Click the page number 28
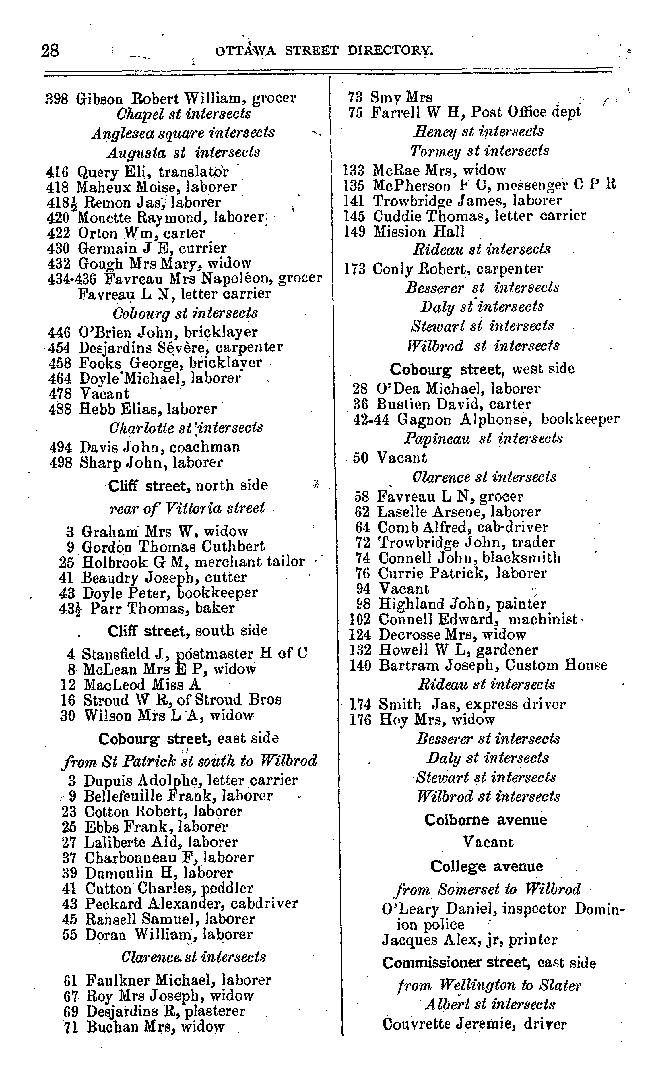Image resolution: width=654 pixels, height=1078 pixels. coord(50,51)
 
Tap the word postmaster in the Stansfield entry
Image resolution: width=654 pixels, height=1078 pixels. coord(214,654)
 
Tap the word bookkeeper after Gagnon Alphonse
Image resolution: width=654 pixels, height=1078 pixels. coord(580,419)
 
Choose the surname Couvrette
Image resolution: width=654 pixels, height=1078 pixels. coord(416,1024)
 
